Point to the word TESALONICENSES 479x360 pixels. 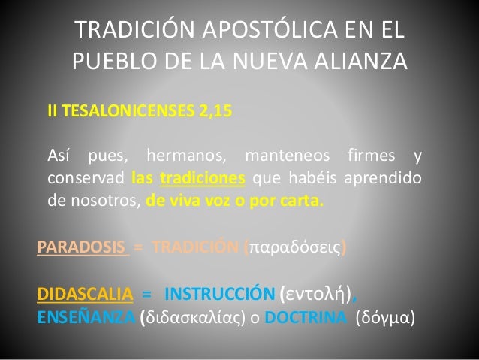tap(125, 112)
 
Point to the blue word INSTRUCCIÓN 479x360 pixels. tap(219, 294)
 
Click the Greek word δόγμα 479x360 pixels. tap(383, 316)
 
